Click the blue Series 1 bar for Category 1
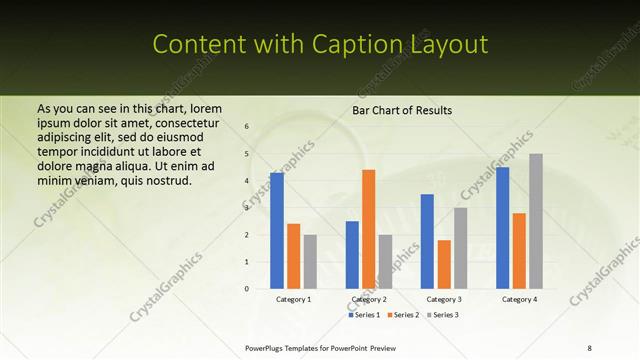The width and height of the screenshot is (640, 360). coord(276,231)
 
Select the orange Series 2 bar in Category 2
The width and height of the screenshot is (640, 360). coord(369,229)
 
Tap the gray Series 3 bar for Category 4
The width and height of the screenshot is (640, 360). coord(536,221)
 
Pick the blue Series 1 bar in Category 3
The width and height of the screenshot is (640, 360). coord(427,241)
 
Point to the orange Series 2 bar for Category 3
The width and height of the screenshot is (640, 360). coord(444,264)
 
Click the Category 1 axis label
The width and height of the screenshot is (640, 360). coord(293,299)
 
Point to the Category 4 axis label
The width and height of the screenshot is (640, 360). coord(519,299)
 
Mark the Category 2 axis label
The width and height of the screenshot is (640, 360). coord(369,299)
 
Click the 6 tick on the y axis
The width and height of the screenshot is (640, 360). coord(247,127)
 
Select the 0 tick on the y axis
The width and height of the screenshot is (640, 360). coord(247,289)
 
